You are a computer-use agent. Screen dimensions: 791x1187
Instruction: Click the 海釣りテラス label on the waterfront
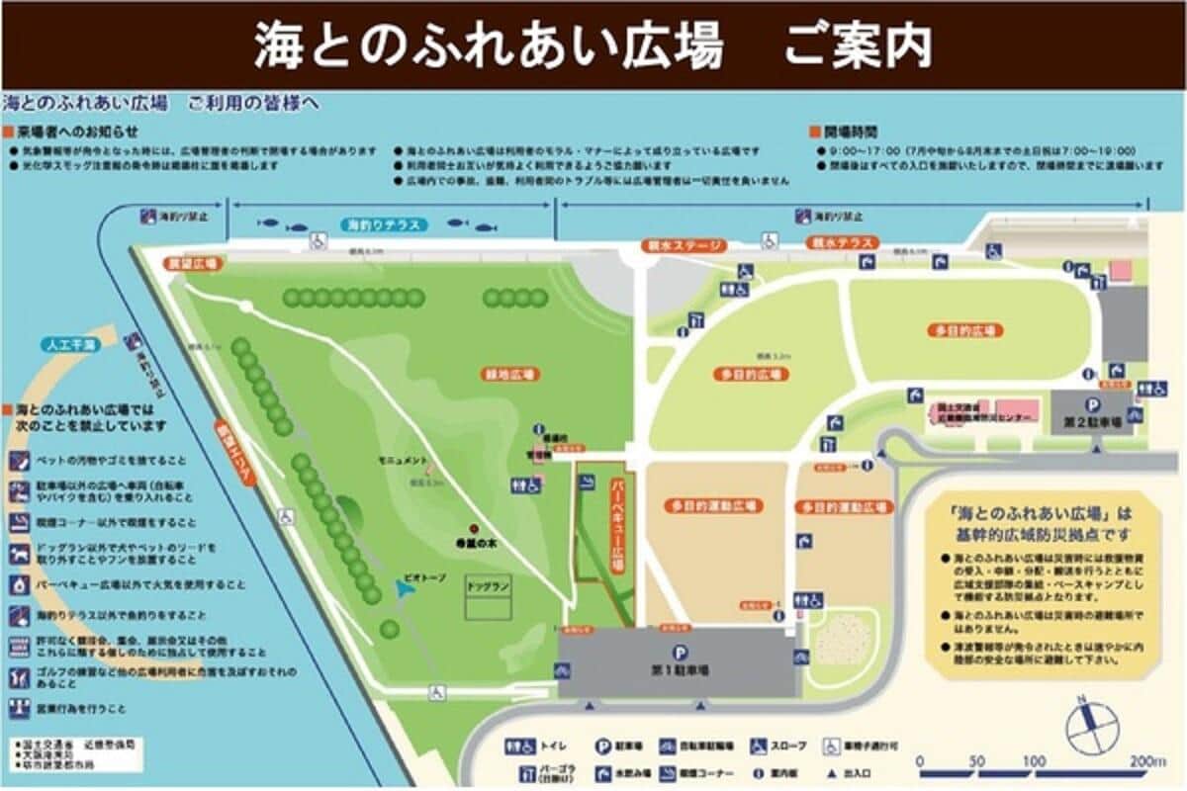tap(384, 225)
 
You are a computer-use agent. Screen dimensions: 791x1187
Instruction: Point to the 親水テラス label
tap(841, 242)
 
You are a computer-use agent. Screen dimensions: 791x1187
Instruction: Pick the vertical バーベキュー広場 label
tap(614, 524)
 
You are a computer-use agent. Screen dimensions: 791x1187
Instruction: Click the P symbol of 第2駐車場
tap(1093, 404)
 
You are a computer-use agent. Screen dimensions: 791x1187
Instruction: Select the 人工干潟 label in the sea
tap(71, 345)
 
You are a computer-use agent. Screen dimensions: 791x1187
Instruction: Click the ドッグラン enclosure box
tap(489, 598)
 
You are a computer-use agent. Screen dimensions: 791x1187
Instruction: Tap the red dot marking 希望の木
tap(473, 526)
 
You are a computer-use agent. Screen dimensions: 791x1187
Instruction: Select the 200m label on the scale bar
tap(1146, 761)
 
